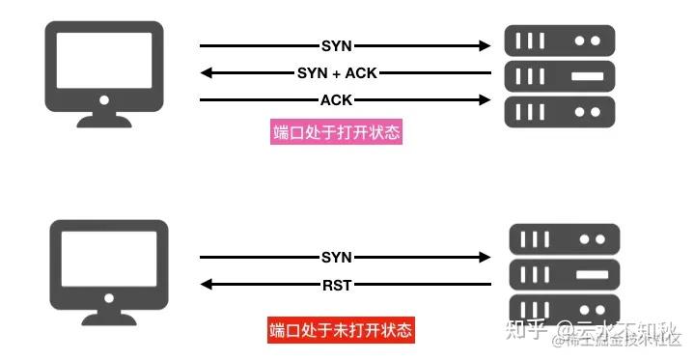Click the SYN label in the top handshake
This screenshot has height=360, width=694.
click(x=336, y=45)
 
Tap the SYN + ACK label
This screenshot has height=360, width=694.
click(x=337, y=72)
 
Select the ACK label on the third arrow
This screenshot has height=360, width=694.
click(x=336, y=99)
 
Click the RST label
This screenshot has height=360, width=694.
click(x=336, y=285)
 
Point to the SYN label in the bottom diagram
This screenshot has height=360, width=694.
click(x=336, y=258)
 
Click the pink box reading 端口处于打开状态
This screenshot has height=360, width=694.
click(x=335, y=132)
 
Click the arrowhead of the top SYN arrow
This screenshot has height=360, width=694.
click(x=486, y=45)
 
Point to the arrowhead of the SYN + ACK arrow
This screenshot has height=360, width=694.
click(x=207, y=72)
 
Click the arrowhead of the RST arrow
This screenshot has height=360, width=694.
click(x=207, y=285)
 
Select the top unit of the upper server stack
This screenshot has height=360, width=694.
click(x=560, y=41)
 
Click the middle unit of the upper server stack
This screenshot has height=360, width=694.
click(x=560, y=75)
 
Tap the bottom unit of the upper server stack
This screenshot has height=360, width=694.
click(x=560, y=110)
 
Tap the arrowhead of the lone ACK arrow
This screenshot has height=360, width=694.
click(x=486, y=99)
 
